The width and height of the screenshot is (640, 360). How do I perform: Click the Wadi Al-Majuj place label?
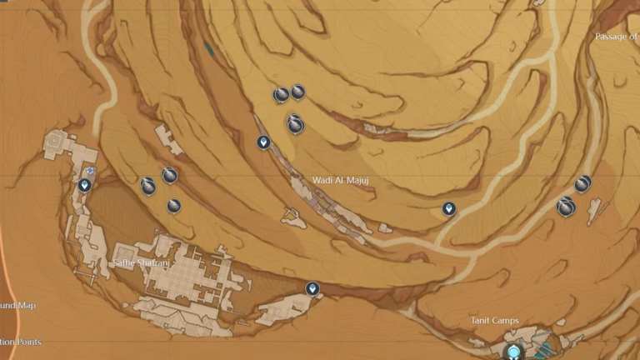(340, 180)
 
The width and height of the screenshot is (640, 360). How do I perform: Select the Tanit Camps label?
(494, 321)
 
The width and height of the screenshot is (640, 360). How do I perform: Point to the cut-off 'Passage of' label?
(617, 37)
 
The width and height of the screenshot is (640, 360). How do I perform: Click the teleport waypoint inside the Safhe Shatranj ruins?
(84, 185)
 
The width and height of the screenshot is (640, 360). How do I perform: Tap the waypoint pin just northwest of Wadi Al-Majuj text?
(263, 142)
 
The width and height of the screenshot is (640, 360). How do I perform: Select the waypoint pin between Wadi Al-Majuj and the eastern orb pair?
(449, 208)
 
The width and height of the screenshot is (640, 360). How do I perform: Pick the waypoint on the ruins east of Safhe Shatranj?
(312, 288)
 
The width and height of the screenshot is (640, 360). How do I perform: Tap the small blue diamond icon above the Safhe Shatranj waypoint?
(90, 171)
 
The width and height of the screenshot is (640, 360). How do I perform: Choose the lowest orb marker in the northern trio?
(295, 124)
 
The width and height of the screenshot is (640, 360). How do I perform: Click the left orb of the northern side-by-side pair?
(282, 95)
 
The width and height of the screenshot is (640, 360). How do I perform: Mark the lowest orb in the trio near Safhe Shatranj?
(174, 205)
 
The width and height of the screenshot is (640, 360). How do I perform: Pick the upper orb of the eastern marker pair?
(582, 183)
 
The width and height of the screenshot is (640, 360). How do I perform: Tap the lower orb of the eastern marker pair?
(567, 206)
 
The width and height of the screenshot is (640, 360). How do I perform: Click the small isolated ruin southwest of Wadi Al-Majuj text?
(292, 218)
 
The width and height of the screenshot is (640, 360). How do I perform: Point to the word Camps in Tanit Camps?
(505, 321)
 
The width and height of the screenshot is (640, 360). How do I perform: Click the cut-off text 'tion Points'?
(21, 342)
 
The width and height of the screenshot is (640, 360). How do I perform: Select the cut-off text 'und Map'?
(18, 306)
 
